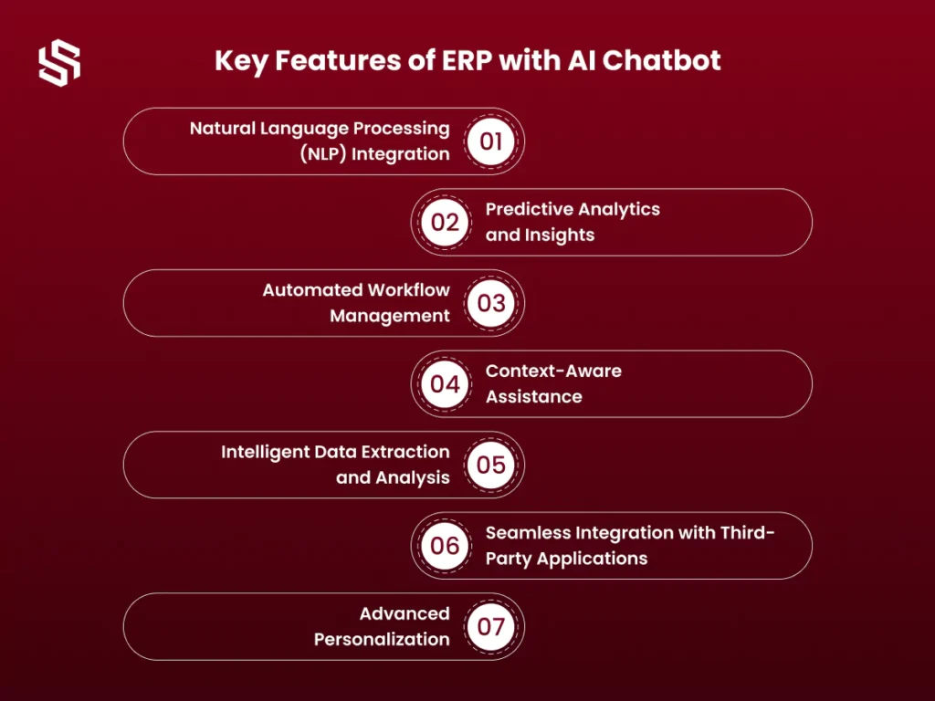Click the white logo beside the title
(x=59, y=63)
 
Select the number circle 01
(x=490, y=141)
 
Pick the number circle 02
(x=445, y=223)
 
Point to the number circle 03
(x=490, y=303)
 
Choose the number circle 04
(x=445, y=384)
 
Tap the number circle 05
(x=490, y=465)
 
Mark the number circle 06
(x=445, y=546)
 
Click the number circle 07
(x=490, y=626)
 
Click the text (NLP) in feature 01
(x=322, y=153)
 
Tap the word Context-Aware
(x=553, y=371)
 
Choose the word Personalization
(x=382, y=639)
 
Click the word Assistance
(x=533, y=396)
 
